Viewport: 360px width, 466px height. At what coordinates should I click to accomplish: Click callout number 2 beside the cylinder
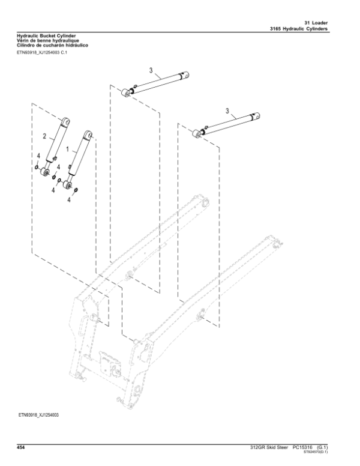(x=44, y=136)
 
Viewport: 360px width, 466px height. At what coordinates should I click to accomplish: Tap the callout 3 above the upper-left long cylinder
(x=151, y=70)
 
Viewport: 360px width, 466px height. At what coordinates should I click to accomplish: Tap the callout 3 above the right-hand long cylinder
(x=227, y=110)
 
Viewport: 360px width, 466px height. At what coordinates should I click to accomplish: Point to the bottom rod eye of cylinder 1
(x=72, y=186)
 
